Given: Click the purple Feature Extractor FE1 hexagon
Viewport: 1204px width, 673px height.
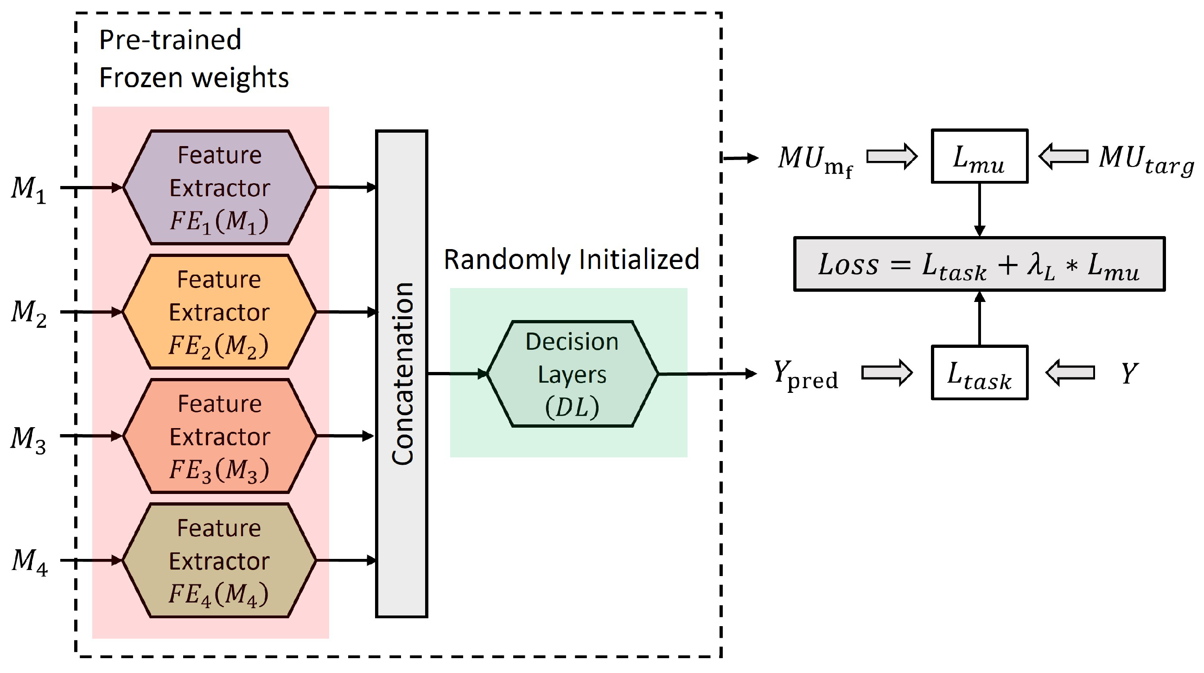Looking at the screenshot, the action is (220, 187).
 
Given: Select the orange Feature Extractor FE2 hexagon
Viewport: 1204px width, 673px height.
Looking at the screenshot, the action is (219, 312).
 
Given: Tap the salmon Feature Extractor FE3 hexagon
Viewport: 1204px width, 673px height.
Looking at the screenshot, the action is (220, 436).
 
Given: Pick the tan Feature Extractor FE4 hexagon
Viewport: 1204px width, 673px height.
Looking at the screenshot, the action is (219, 560).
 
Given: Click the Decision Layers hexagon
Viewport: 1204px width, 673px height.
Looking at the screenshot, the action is (573, 374).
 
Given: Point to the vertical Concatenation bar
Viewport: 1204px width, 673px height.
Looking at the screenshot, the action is (402, 374).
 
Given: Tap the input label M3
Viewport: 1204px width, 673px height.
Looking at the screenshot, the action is (28, 440).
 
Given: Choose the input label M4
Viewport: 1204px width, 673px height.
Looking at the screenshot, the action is (30, 562).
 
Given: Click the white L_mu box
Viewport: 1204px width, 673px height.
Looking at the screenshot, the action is (980, 156).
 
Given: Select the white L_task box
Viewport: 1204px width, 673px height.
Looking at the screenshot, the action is (980, 373).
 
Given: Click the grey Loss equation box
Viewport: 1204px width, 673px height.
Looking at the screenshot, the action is (980, 264).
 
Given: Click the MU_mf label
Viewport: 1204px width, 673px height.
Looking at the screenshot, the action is (815, 161).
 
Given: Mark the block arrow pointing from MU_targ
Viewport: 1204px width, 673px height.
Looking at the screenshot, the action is (1064, 156).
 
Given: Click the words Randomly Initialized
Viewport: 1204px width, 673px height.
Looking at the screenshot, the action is (571, 260).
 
